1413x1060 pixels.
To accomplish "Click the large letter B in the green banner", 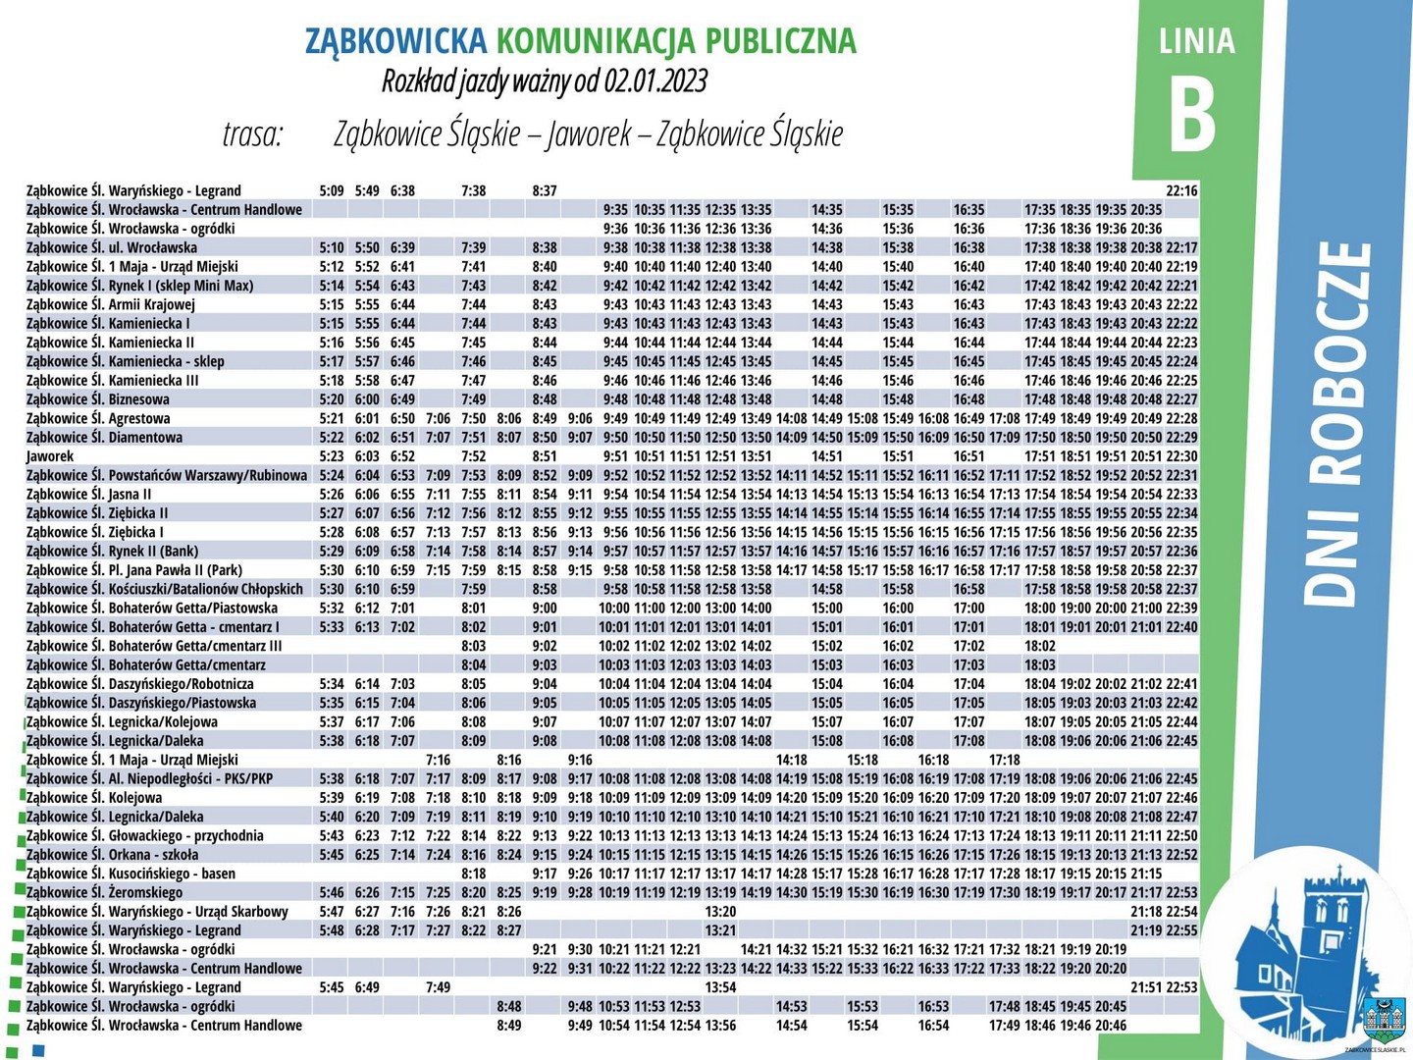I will [x=1193, y=114].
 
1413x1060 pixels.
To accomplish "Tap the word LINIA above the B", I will [x=1196, y=41].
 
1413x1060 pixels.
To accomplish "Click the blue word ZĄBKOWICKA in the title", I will [x=395, y=40].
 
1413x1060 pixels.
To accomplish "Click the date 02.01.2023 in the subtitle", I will [x=655, y=80].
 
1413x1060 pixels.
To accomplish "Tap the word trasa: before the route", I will [x=252, y=133].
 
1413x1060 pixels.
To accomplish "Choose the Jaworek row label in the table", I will [x=50, y=456].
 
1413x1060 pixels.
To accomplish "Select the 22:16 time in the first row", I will [x=1181, y=190].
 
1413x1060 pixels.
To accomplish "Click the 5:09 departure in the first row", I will [x=332, y=190].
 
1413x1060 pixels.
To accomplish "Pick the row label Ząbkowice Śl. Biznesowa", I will [x=98, y=399].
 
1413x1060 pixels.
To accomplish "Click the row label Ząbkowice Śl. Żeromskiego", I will [x=104, y=892].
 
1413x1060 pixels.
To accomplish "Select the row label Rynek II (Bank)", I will [x=112, y=551].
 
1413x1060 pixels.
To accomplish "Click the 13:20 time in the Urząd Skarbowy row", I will [x=720, y=912].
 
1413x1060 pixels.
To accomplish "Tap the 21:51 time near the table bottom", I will [x=1146, y=987].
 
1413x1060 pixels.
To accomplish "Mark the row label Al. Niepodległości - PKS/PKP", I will [x=149, y=778].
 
